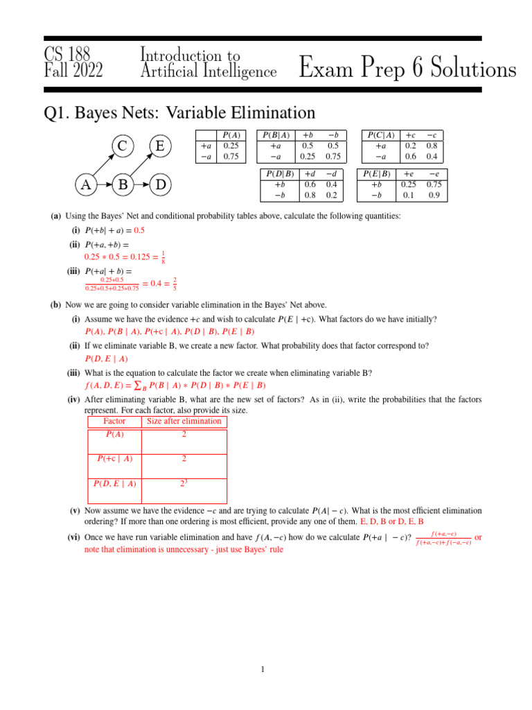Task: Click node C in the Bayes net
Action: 122,146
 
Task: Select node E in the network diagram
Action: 161,146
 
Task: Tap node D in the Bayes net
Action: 161,185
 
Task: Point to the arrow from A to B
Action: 104,185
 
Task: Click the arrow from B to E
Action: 142,166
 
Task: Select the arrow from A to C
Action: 103,166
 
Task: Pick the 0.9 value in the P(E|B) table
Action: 434,196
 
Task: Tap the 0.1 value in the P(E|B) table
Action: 408,196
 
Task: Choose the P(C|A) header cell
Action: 380,135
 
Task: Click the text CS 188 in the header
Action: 67,54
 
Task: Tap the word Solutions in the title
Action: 461,69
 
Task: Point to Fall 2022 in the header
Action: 73,71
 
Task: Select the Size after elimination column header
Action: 184,422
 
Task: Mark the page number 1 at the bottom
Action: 263,669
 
